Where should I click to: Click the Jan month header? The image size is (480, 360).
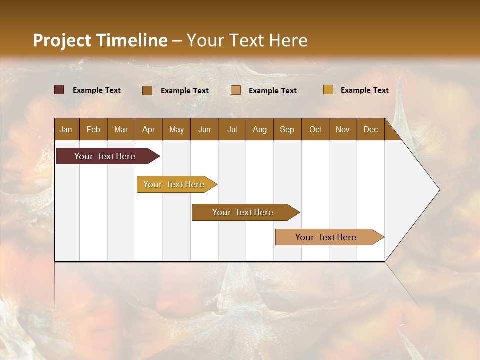pos(66,130)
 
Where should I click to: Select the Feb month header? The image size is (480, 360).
pos(93,130)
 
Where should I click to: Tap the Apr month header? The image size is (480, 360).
pos(148,130)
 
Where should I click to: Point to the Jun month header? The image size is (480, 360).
pos(204,130)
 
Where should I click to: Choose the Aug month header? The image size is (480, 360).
pos(259,130)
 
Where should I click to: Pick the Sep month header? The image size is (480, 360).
pos(287,130)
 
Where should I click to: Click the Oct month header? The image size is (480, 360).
pos(315,130)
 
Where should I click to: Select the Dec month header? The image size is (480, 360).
pos(370,130)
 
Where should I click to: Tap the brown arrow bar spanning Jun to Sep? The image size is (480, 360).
pos(243,212)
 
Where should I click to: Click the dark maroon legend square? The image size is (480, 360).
pos(59,90)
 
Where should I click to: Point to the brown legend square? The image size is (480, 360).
pos(147,90)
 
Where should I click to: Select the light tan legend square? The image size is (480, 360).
pos(236,90)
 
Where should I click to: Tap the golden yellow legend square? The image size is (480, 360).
pos(328,90)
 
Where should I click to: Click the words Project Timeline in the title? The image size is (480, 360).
pos(100,40)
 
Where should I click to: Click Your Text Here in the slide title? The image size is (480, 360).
pos(247,40)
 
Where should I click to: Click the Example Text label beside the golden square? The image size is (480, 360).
pos(364,90)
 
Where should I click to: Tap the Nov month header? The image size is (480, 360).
pos(343,130)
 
